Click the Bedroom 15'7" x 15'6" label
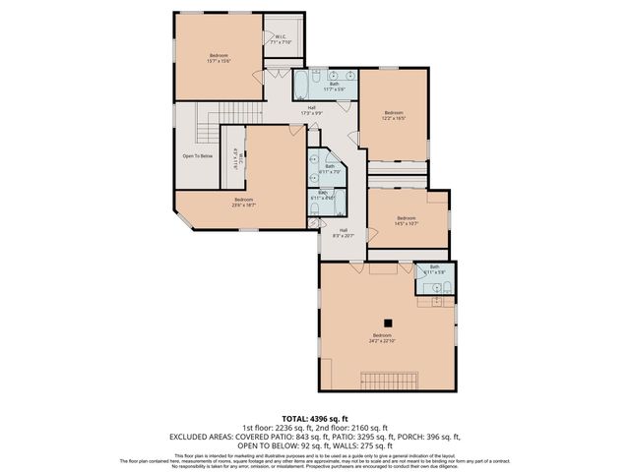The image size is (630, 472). tap(219, 57)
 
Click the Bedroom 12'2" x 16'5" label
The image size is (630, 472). tap(394, 115)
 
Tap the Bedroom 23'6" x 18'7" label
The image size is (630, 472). tap(243, 203)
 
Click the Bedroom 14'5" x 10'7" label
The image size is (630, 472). tap(407, 220)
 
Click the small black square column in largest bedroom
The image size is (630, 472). tap(389, 322)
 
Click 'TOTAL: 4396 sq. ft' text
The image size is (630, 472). tap(315, 420)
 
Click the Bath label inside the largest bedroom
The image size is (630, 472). tap(434, 269)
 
